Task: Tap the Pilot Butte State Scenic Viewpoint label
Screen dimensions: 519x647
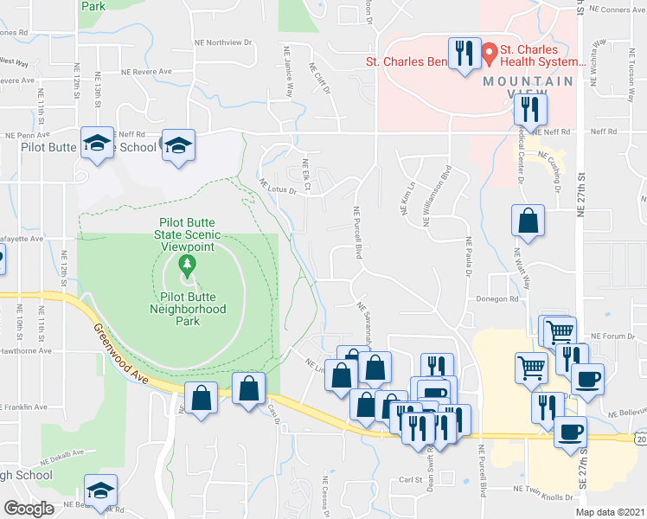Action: (x=187, y=234)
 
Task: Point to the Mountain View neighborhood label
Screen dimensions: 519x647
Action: (x=528, y=80)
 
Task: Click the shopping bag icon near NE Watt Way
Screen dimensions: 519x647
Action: (x=528, y=221)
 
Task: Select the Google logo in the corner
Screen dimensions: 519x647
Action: (x=28, y=509)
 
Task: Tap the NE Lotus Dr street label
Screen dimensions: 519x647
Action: (x=279, y=186)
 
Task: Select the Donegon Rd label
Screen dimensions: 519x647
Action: (x=496, y=299)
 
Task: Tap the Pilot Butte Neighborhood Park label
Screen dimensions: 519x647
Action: (x=187, y=309)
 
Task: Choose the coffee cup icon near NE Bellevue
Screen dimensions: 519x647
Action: (x=571, y=432)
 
